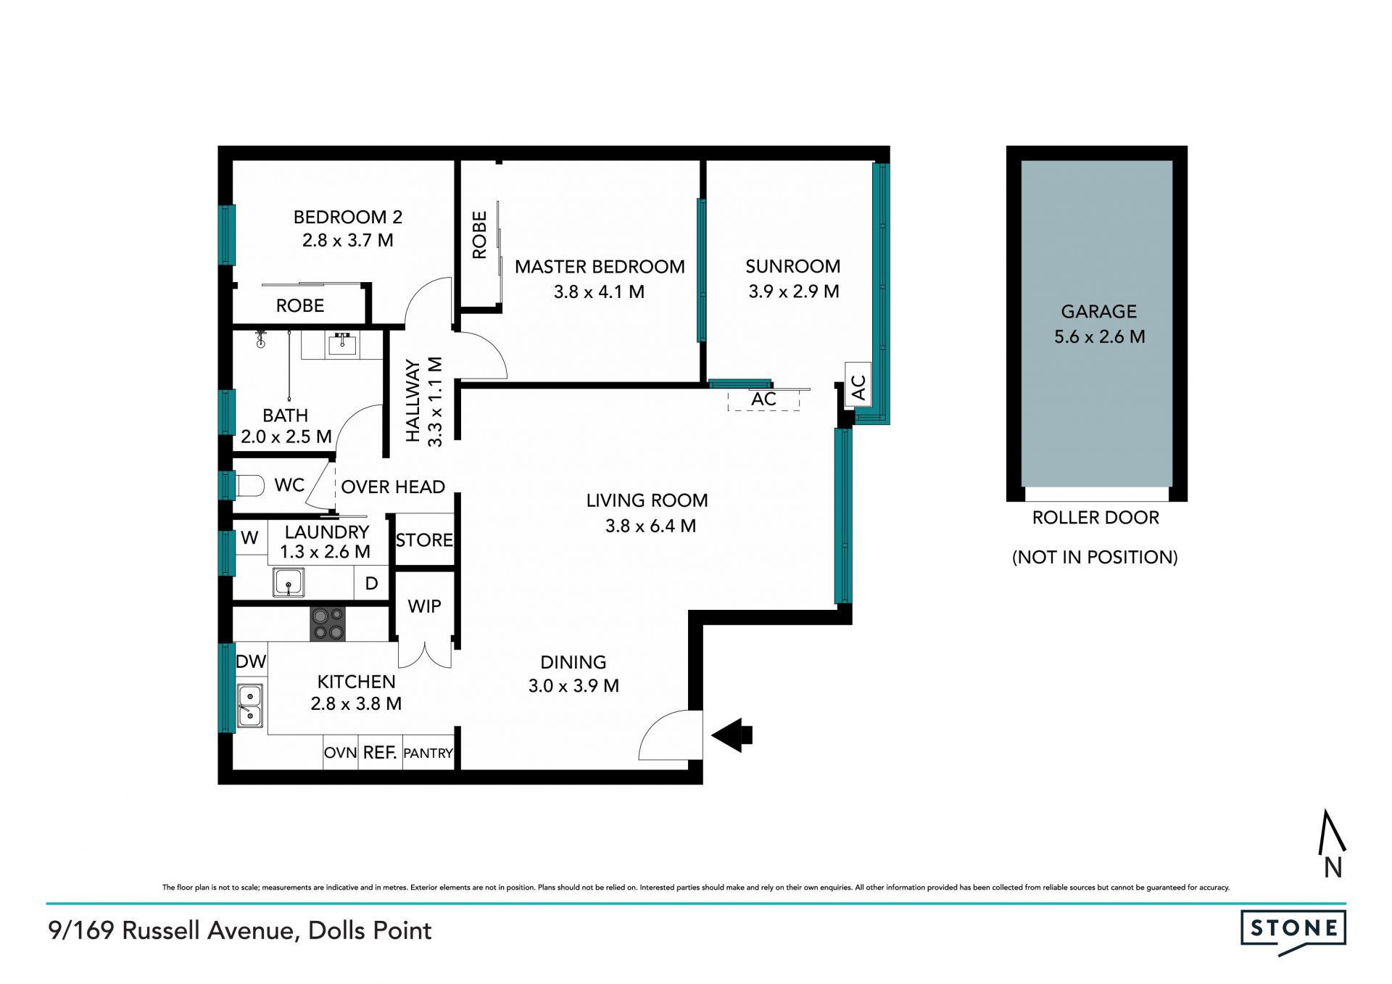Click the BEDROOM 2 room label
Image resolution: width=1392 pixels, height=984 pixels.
click(347, 217)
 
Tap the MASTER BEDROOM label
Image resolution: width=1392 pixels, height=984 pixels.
click(600, 267)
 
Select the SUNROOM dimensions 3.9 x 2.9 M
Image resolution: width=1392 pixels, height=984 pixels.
click(794, 292)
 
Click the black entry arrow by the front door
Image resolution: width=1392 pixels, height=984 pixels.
click(732, 735)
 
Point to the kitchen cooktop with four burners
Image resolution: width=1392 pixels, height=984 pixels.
click(328, 624)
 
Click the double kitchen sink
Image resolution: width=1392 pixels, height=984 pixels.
click(250, 706)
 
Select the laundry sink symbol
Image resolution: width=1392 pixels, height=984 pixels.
click(289, 582)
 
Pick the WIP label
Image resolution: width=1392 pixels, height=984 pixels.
click(424, 606)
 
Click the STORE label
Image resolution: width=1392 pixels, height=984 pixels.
click(424, 540)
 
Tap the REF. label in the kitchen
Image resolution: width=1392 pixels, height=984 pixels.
click(380, 753)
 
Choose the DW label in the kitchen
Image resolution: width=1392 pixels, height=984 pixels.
click(251, 661)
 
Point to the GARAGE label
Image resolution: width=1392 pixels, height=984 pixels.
click(1099, 312)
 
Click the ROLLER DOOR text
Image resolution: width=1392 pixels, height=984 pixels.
click(1095, 518)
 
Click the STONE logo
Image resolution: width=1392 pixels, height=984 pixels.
click(1293, 931)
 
